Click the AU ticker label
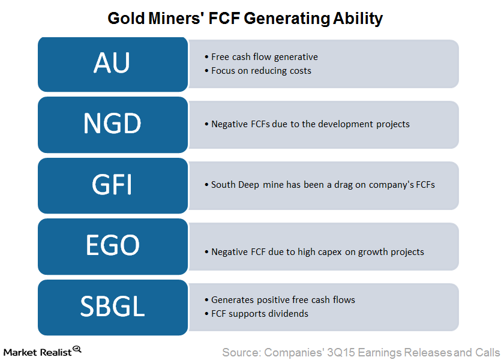(112, 62)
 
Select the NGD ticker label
(112, 124)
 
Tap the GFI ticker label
(112, 185)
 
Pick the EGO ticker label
(113, 245)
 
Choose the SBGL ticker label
(112, 306)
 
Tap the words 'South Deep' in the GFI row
(235, 185)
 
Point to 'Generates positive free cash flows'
(283, 300)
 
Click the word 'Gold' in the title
(126, 19)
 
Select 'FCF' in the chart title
(224, 19)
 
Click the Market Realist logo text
(38, 352)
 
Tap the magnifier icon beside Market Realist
(77, 349)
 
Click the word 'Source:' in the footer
(241, 353)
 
